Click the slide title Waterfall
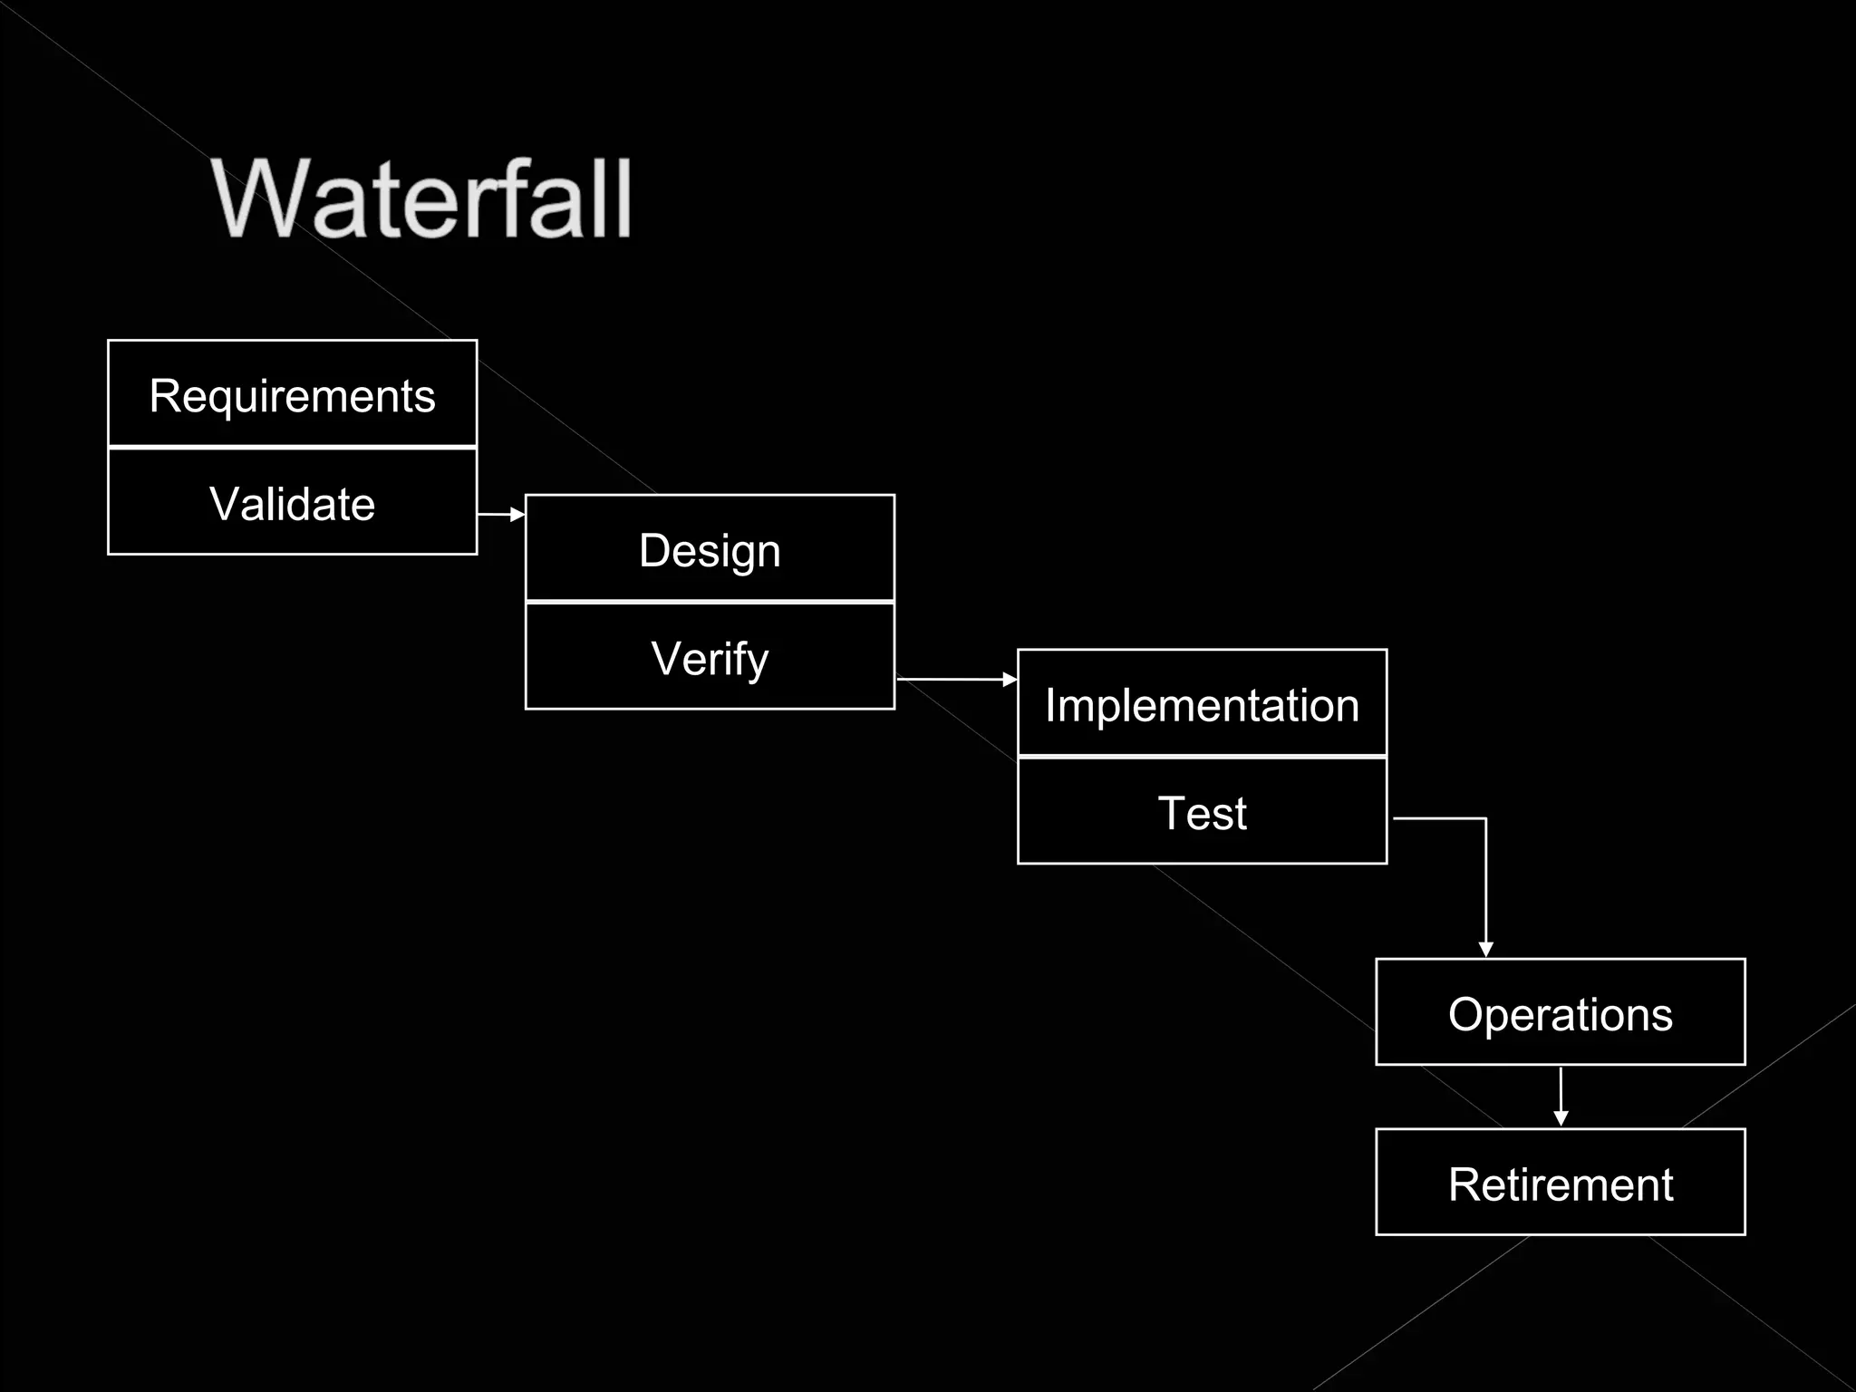pyautogui.click(x=421, y=199)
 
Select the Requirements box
pyautogui.click(x=292, y=394)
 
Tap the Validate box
pyautogui.click(x=292, y=503)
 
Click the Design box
pyautogui.click(x=710, y=549)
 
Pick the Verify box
pyautogui.click(x=710, y=658)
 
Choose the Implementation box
pyautogui.click(x=1202, y=704)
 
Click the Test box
pyautogui.click(x=1202, y=813)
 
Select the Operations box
pyautogui.click(x=1560, y=1013)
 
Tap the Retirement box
pyautogui.click(x=1560, y=1184)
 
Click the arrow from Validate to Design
pyautogui.click(x=500, y=515)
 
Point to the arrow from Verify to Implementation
pyautogui.click(x=955, y=679)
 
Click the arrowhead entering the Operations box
pyautogui.click(x=1485, y=949)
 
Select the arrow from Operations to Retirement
pyautogui.click(x=1561, y=1097)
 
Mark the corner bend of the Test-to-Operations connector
pyautogui.click(x=1485, y=819)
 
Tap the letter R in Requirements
pyautogui.click(x=164, y=395)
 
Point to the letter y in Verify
pyautogui.click(x=756, y=663)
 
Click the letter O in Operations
pyautogui.click(x=1465, y=1014)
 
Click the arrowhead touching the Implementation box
pyautogui.click(x=1010, y=679)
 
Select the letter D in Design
pyautogui.click(x=654, y=550)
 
